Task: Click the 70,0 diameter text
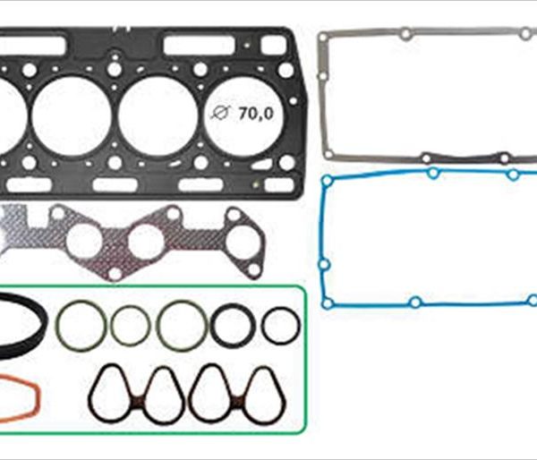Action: click(256, 114)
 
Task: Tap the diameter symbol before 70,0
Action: click(220, 113)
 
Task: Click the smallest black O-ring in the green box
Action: click(281, 326)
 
